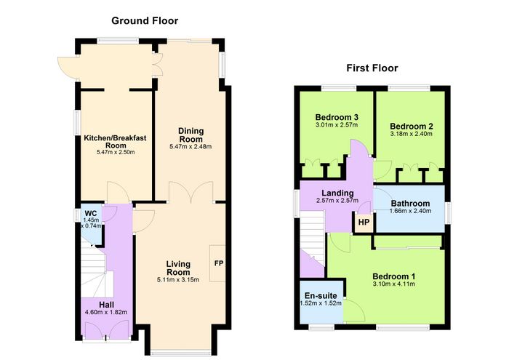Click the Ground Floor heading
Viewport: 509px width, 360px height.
tap(145, 21)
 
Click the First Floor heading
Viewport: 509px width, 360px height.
tap(372, 68)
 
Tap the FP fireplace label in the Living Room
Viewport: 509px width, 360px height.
tap(219, 263)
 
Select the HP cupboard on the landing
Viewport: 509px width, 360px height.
tap(364, 223)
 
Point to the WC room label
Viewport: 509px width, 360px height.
tap(91, 214)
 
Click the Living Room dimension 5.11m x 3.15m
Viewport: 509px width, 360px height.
tap(178, 280)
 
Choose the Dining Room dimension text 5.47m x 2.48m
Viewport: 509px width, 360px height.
tap(191, 147)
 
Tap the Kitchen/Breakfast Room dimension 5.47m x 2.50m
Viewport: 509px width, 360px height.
tap(116, 152)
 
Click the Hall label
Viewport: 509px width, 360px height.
tap(106, 305)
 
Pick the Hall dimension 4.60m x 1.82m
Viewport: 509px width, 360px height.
tap(106, 313)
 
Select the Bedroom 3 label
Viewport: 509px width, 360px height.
tap(337, 117)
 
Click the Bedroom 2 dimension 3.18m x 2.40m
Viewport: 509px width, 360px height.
tap(412, 134)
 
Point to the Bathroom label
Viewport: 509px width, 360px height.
tap(410, 204)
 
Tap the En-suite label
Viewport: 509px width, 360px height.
tap(321, 296)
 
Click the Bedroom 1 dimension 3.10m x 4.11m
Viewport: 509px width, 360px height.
tap(394, 284)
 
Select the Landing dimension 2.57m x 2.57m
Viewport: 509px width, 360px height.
tap(337, 201)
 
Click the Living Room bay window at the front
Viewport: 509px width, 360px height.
tap(181, 352)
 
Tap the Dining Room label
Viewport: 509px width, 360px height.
tap(191, 135)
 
